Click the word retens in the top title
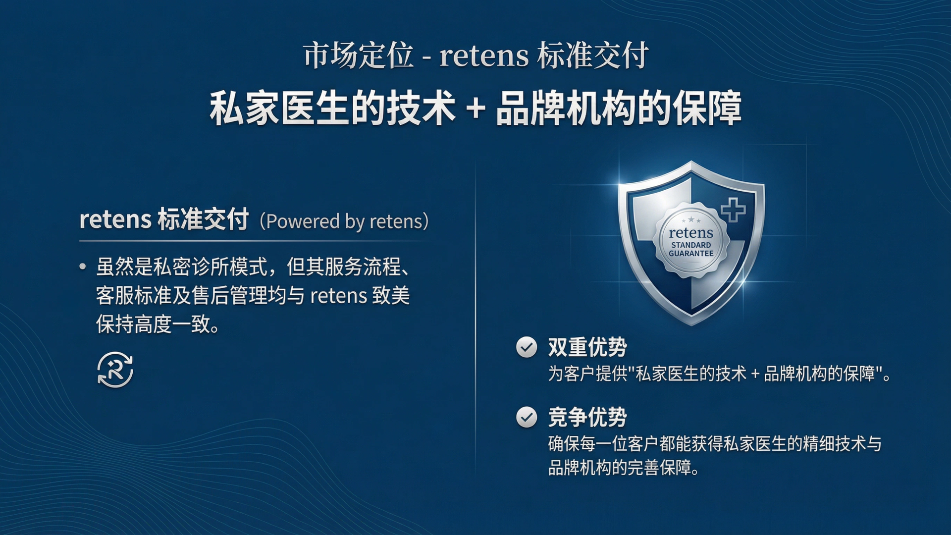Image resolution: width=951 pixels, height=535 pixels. (484, 56)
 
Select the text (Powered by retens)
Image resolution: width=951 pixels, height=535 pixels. (344, 221)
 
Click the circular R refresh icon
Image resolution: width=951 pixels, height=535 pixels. (115, 370)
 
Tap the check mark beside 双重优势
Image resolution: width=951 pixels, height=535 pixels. (527, 347)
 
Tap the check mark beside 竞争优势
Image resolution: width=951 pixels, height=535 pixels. (527, 417)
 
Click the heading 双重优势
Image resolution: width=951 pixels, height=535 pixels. (587, 347)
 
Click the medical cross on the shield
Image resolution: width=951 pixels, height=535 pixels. (733, 210)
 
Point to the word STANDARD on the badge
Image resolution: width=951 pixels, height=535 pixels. (691, 245)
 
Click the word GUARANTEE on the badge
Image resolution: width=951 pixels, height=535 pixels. (691, 254)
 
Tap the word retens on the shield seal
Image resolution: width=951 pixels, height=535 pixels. (691, 233)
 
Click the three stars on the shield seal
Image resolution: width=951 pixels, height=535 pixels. (691, 220)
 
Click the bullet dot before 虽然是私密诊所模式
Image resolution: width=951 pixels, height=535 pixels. (83, 267)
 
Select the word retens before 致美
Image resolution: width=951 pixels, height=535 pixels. (339, 296)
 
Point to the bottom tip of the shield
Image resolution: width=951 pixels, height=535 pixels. (691, 325)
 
